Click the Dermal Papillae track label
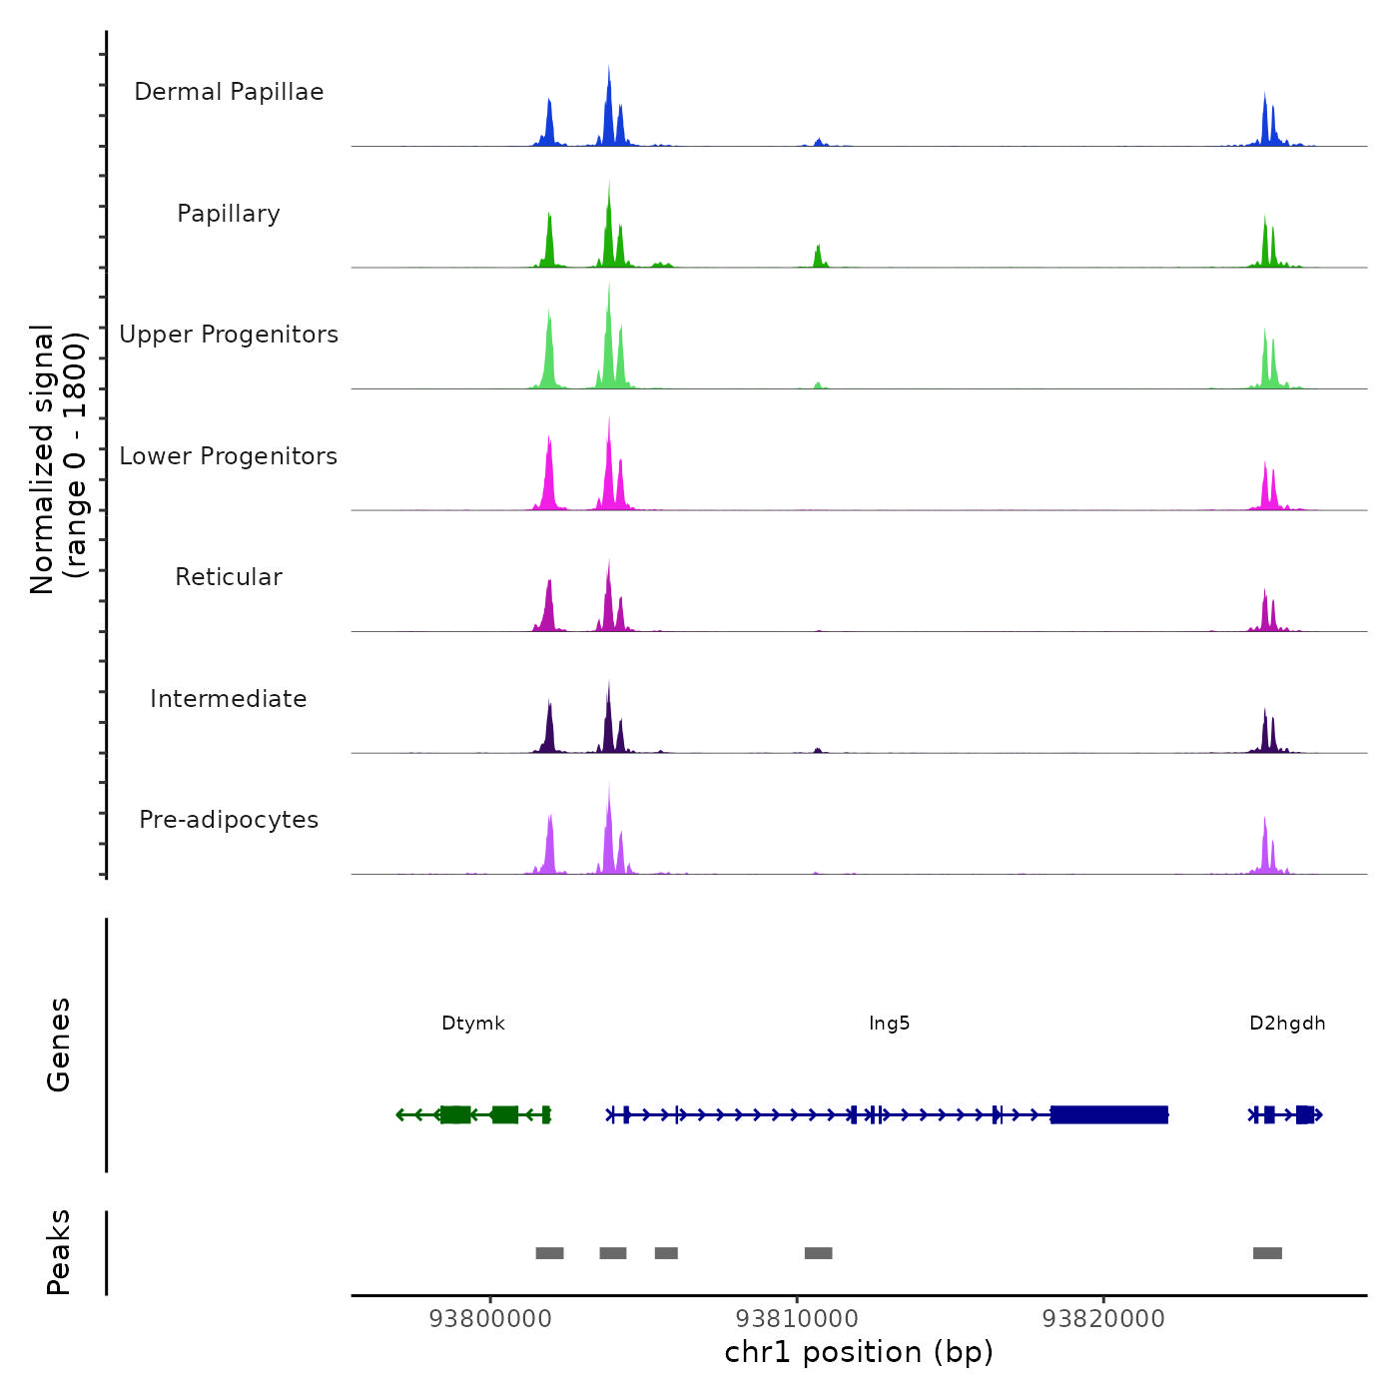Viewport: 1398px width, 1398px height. (x=229, y=92)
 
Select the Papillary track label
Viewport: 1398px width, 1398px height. (x=229, y=214)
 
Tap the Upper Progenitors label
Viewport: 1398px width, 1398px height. (x=229, y=335)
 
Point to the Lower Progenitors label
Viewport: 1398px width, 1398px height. (x=229, y=456)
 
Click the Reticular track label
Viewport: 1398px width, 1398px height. (x=229, y=577)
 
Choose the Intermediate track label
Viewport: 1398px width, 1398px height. (x=229, y=699)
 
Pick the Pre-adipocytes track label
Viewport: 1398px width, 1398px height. (x=229, y=820)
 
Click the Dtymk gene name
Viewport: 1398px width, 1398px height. (x=473, y=1024)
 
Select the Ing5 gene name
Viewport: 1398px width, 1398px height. (x=889, y=1024)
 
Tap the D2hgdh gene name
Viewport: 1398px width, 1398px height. (x=1287, y=1024)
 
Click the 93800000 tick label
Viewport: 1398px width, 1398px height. (x=490, y=1319)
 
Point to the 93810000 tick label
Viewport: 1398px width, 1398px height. (x=797, y=1319)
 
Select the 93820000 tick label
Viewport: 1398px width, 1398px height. (x=1103, y=1319)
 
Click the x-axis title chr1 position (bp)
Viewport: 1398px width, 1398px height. (x=859, y=1352)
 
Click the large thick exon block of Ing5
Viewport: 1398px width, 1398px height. (x=1108, y=1114)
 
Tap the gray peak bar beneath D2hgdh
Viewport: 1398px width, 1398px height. (x=1267, y=1253)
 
